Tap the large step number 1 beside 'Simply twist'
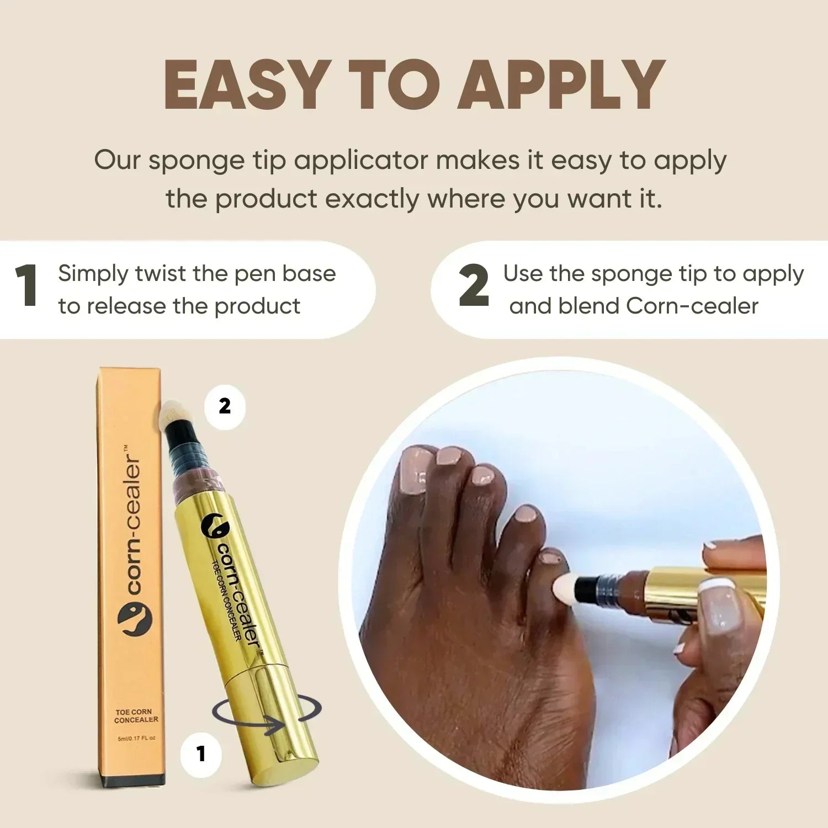click(26, 285)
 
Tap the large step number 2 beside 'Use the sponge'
click(474, 285)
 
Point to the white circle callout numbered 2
click(225, 406)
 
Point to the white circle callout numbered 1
click(201, 754)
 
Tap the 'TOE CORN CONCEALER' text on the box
click(136, 716)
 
